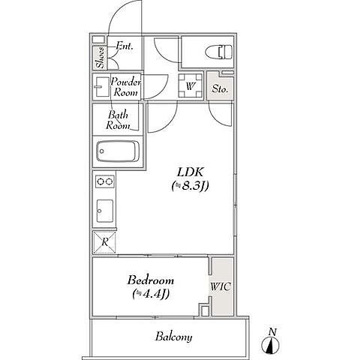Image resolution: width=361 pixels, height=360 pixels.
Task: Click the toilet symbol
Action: tap(219, 52)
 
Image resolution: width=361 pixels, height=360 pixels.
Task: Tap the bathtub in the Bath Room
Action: tap(118, 151)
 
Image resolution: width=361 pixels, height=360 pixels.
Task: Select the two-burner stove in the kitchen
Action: tap(105, 181)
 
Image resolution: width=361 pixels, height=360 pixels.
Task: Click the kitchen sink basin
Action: tap(105, 211)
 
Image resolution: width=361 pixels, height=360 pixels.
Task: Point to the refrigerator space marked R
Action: tap(104, 242)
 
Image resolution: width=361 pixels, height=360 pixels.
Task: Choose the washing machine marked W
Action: tap(190, 85)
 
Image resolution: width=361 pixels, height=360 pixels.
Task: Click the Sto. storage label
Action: tap(220, 88)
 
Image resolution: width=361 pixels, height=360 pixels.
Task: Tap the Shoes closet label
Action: tap(101, 58)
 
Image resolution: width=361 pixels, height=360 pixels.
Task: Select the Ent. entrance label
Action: tap(125, 46)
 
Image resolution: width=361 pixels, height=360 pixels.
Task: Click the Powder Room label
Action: tap(125, 87)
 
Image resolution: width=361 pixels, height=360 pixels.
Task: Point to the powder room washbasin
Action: tap(101, 87)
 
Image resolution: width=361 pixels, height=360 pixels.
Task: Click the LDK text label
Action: tap(191, 172)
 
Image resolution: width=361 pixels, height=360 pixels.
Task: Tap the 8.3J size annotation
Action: tap(190, 186)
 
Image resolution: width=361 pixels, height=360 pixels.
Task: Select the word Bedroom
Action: tap(151, 280)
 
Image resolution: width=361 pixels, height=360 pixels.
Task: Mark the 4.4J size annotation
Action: tap(151, 294)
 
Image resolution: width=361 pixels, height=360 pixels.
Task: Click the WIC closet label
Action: tap(221, 286)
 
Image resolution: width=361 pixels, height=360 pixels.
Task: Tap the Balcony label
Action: tap(173, 337)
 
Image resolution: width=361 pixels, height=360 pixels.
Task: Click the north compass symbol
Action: tap(270, 346)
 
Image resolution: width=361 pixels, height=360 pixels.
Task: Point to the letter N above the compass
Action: tap(272, 332)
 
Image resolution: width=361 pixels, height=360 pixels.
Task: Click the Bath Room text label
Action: tap(118, 120)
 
